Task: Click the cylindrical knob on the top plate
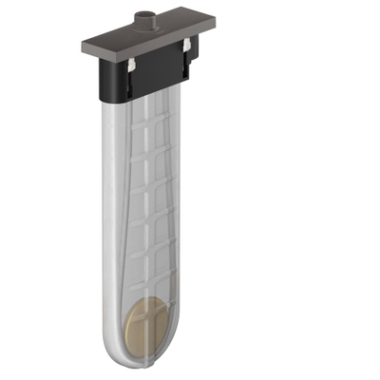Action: (x=144, y=18)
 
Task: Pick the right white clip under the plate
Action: (x=191, y=46)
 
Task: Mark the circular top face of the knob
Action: (x=144, y=12)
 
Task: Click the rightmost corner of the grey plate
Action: (x=209, y=24)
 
